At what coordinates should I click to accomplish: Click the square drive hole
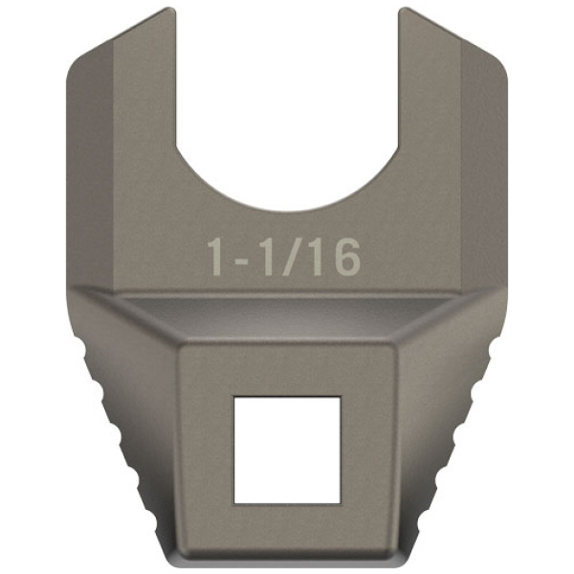287,450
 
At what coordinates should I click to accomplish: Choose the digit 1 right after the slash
317,256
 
